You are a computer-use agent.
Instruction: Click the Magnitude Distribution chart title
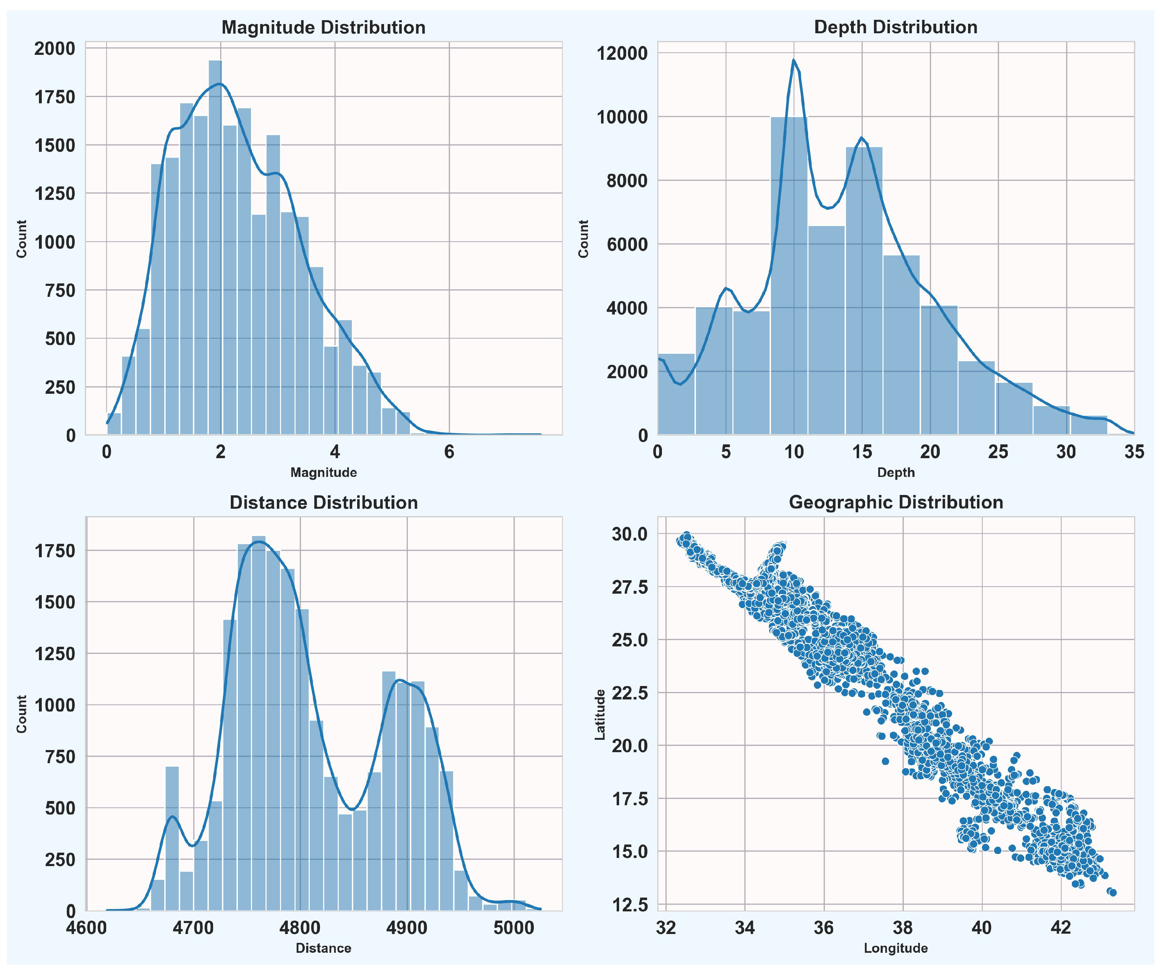click(323, 28)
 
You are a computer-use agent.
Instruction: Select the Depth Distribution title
click(896, 27)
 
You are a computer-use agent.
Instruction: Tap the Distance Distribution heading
click(323, 502)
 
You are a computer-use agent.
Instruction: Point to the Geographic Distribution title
click(896, 502)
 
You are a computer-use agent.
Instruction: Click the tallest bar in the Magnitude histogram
click(216, 248)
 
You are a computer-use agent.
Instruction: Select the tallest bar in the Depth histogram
click(789, 276)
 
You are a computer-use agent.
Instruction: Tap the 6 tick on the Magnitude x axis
click(449, 452)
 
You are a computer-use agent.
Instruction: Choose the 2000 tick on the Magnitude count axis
click(55, 48)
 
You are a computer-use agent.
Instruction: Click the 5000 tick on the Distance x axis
click(514, 928)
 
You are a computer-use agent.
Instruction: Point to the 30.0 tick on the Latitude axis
click(629, 534)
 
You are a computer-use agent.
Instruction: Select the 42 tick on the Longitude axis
click(1061, 928)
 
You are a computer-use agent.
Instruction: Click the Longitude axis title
click(896, 949)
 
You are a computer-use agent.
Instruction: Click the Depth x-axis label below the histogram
click(896, 473)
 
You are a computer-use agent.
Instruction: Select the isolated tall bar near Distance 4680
click(172, 839)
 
